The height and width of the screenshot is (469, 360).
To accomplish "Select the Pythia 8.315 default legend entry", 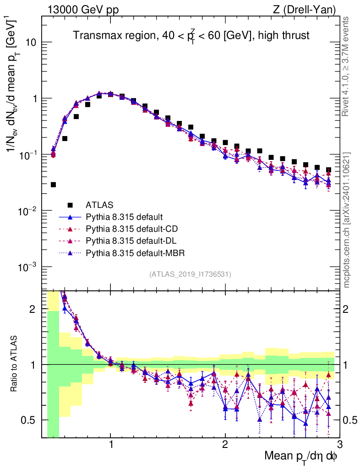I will (x=124, y=217).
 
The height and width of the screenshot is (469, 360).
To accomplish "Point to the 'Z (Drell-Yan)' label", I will (x=308, y=9).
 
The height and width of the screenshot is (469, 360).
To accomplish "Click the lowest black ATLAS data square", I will (x=54, y=185).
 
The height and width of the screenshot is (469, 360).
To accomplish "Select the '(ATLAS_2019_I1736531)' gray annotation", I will (x=190, y=274).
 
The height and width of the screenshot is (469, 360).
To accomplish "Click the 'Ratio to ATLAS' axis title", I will (x=15, y=364).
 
